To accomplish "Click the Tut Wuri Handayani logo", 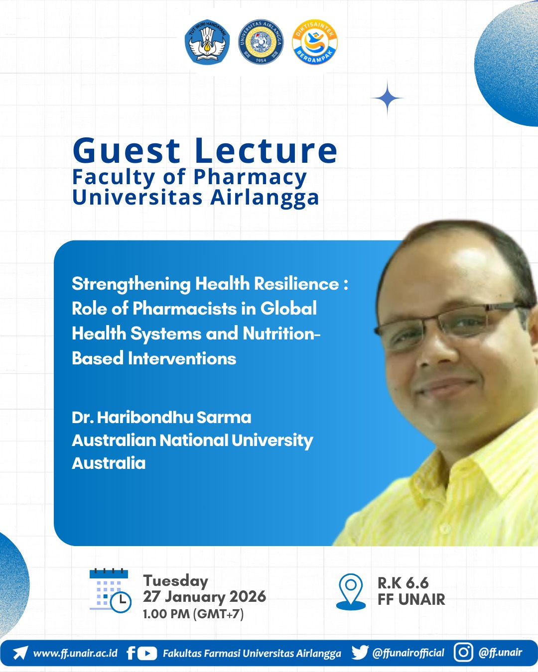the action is [x=207, y=42].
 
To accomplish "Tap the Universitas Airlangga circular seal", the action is [x=261, y=42].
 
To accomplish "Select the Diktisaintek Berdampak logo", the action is [x=315, y=42].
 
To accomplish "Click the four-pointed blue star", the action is [x=388, y=98].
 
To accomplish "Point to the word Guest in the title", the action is [x=127, y=151].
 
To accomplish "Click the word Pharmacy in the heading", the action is [x=250, y=178].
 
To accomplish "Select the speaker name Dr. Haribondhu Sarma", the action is [x=161, y=418].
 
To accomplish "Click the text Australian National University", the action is [x=192, y=441].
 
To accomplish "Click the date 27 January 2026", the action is [x=204, y=597].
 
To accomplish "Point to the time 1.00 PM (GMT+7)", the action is [x=193, y=614].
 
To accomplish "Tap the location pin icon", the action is [x=351, y=592].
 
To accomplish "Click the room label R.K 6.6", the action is [x=403, y=583].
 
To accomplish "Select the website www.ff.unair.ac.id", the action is [x=75, y=653].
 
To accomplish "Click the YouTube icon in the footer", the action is [x=147, y=654].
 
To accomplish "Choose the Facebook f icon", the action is [x=131, y=653].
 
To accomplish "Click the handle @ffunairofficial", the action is [x=408, y=653].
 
